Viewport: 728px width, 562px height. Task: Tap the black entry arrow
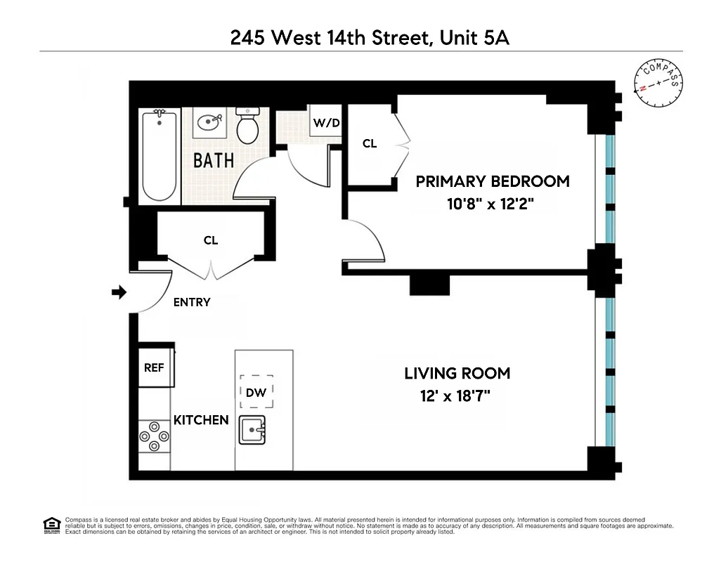click(119, 292)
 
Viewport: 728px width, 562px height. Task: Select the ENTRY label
click(192, 303)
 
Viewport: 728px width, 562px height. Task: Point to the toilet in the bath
click(247, 126)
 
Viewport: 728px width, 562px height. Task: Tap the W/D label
click(326, 123)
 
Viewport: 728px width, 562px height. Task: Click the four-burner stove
click(154, 436)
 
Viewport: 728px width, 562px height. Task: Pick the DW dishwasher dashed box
click(256, 392)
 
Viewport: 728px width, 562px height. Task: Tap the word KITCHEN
click(201, 420)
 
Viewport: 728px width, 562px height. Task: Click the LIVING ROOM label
click(457, 373)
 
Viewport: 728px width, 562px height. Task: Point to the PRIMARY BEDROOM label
click(492, 181)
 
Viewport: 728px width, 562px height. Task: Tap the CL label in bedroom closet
click(370, 144)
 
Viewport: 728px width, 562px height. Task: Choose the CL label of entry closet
click(211, 240)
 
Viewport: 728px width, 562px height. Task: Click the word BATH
click(214, 160)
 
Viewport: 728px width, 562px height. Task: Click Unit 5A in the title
click(474, 37)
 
